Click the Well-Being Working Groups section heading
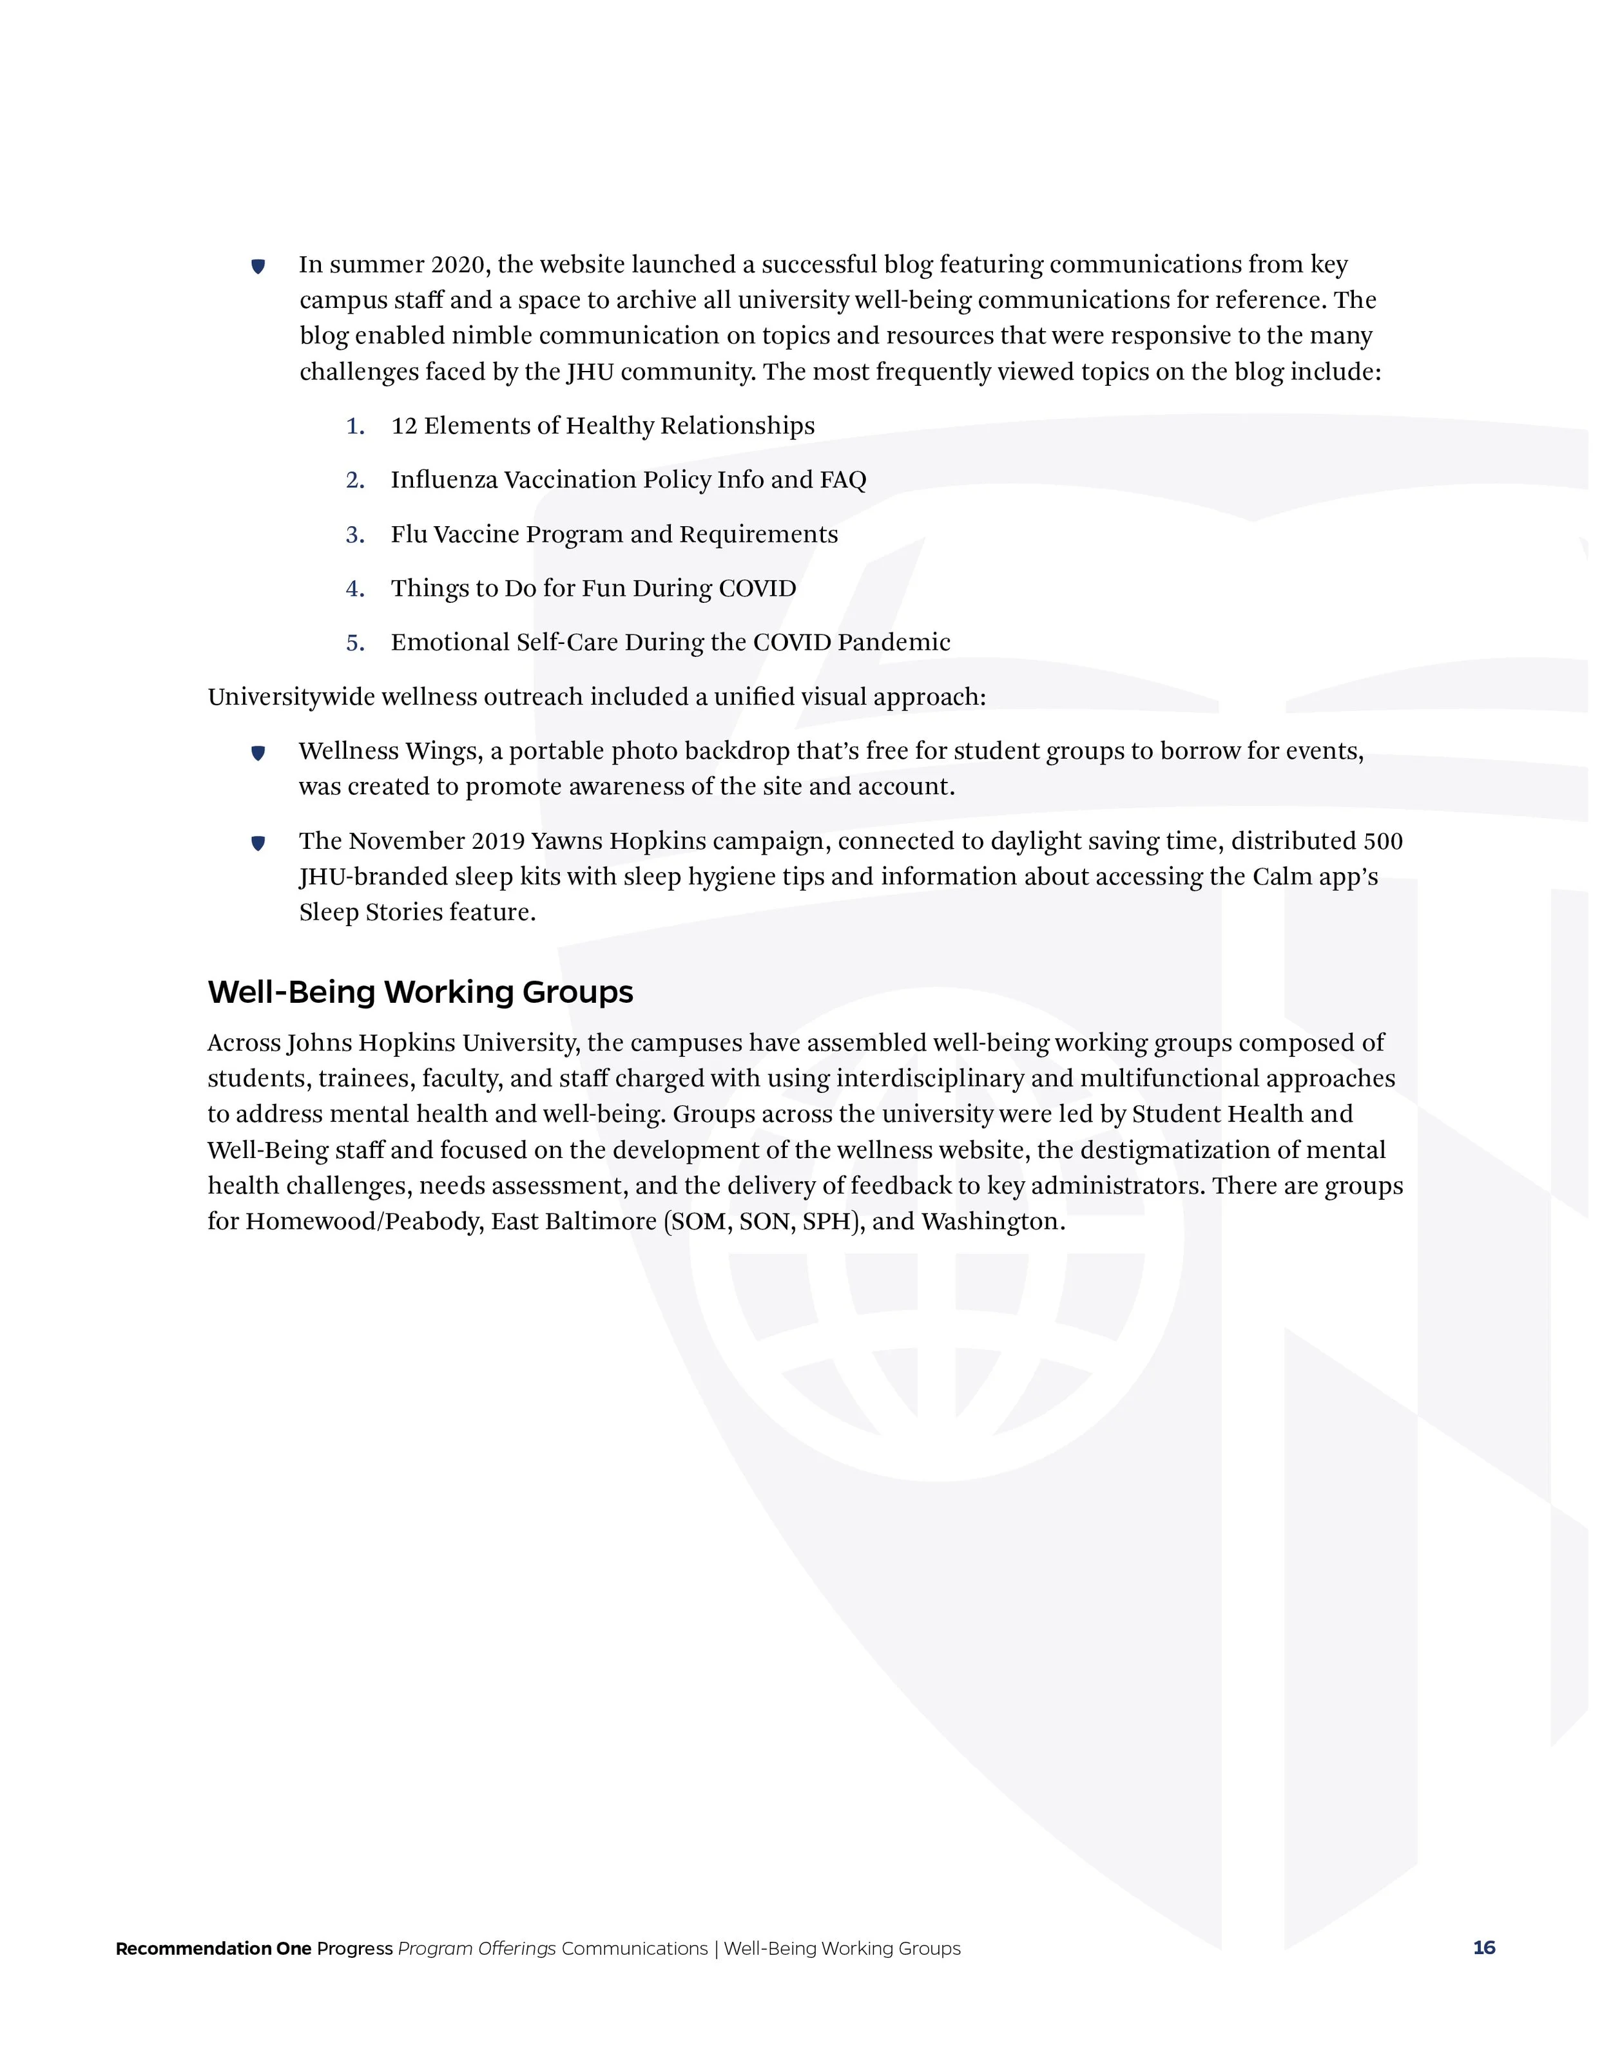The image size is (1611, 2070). pos(420,992)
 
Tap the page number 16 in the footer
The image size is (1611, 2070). pos(1484,1948)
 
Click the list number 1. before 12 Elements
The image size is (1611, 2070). pos(356,426)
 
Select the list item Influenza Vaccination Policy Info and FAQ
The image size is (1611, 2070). pos(628,480)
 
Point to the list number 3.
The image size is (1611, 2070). pos(356,535)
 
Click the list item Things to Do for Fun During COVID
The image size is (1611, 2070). pos(593,589)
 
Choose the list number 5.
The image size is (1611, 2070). pos(356,643)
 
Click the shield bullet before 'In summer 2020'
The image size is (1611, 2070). pos(258,267)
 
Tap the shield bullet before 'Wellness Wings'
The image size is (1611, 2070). pos(258,754)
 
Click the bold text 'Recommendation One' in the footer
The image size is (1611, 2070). pos(213,1949)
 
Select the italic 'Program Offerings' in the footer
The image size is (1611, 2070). pos(476,1949)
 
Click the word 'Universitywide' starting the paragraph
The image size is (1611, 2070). pos(291,698)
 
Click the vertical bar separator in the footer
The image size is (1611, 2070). pos(716,1949)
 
